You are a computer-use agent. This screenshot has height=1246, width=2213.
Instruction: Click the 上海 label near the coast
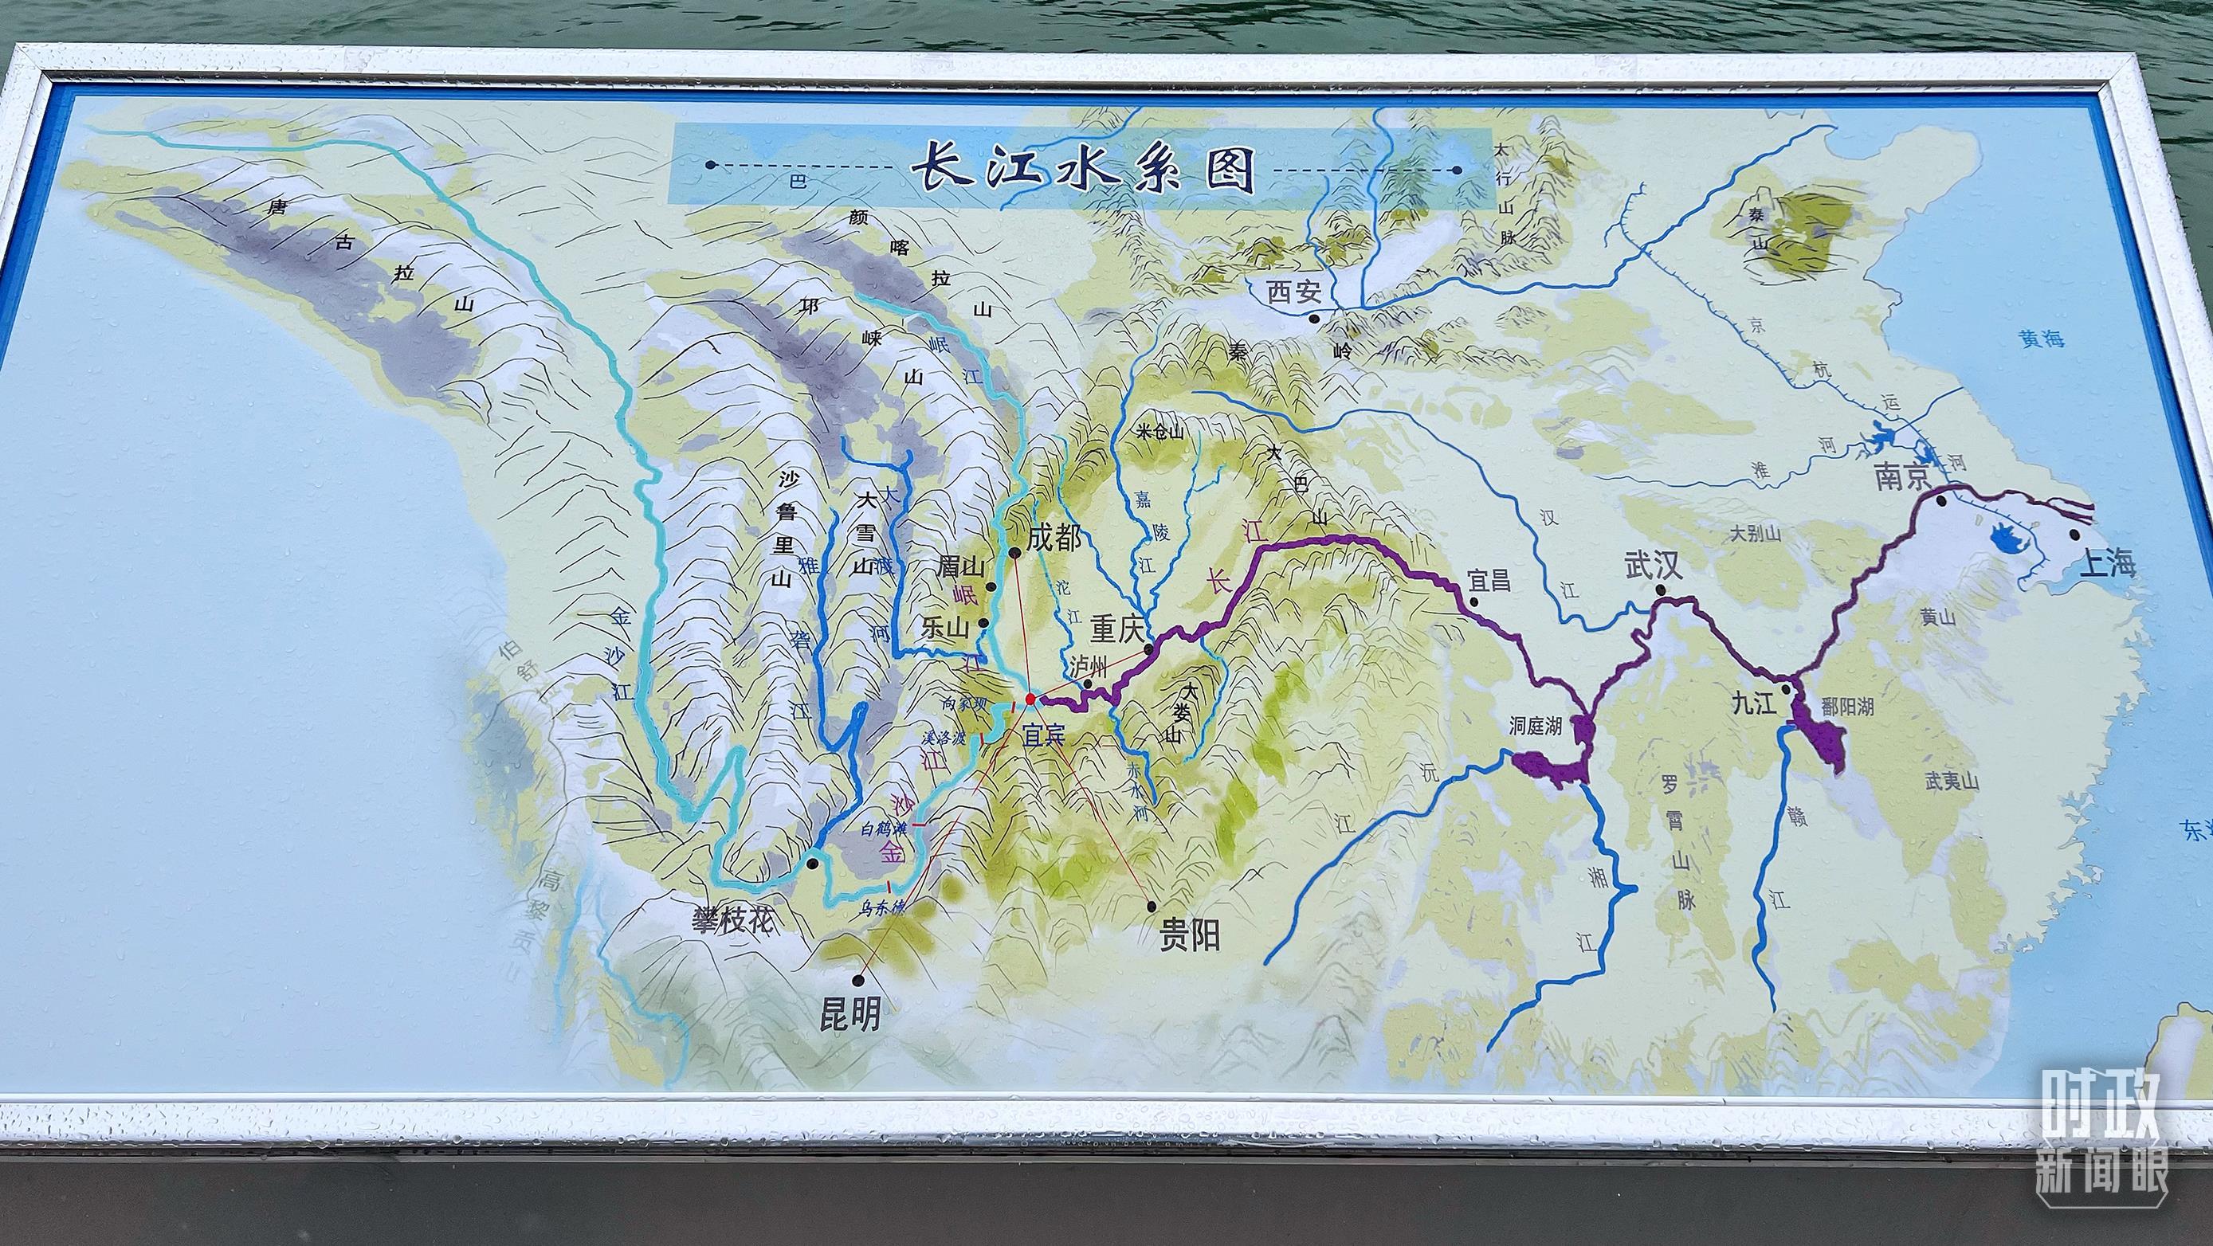point(2104,564)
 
